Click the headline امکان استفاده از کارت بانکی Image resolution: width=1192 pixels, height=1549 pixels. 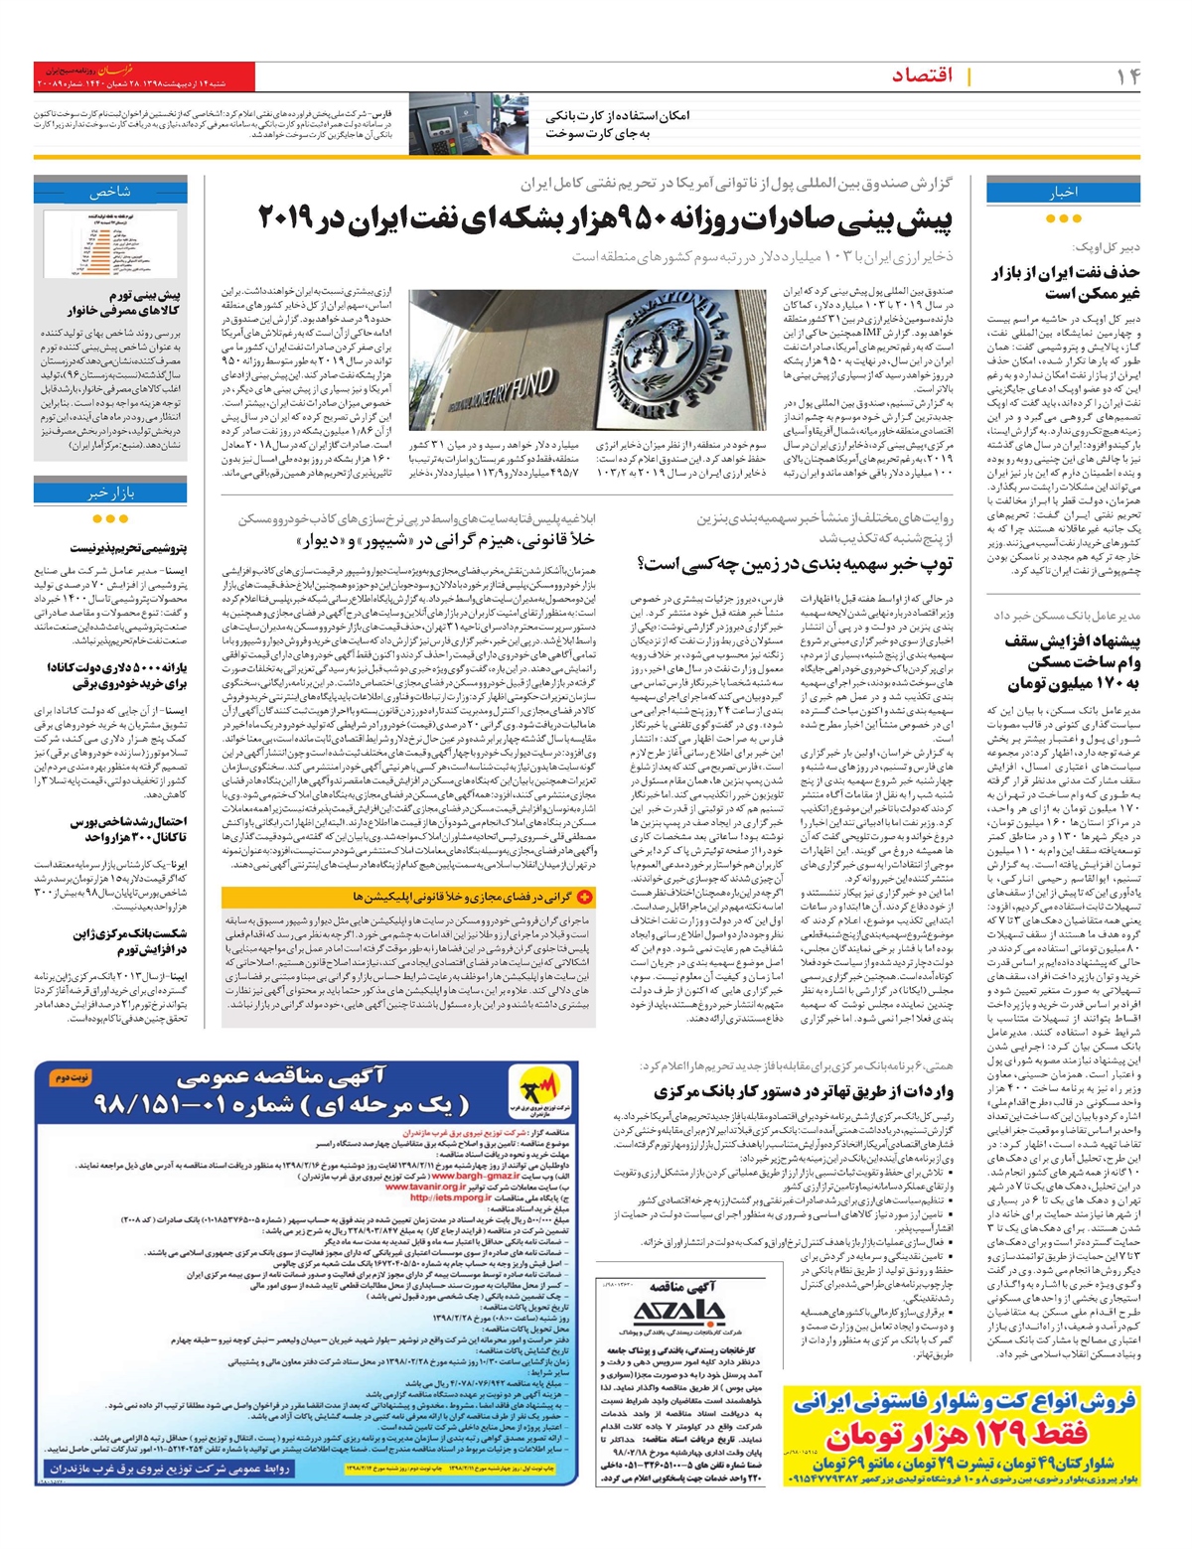[617, 116]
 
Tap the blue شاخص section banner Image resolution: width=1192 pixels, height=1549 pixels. [110, 192]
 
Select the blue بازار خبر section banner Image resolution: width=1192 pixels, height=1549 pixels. [110, 493]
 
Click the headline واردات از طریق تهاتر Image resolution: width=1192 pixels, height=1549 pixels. [805, 1092]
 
